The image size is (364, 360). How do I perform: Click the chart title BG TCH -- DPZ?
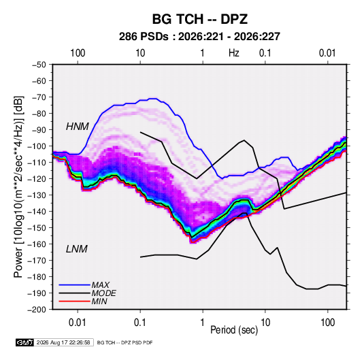tap(200, 19)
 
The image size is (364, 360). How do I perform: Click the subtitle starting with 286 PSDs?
tap(199, 37)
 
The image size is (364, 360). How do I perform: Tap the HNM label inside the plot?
tap(78, 127)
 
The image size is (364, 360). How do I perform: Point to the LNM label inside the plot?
tap(77, 249)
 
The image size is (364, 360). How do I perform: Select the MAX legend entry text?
tap(101, 285)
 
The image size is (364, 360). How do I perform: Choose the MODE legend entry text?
tap(104, 293)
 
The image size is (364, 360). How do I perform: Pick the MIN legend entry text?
tap(99, 301)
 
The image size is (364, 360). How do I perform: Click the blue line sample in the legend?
tap(75, 285)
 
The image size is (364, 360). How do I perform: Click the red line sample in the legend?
tap(75, 301)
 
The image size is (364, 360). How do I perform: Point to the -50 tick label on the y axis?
tap(39, 65)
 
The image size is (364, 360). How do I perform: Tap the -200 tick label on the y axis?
tap(37, 310)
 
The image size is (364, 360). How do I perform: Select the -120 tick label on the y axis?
tap(37, 179)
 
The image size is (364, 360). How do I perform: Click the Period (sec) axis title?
tap(234, 330)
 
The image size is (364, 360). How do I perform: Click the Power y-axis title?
tap(18, 187)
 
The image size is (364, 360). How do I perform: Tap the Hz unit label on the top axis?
tap(234, 53)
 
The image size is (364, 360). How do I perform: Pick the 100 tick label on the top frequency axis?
tap(78, 53)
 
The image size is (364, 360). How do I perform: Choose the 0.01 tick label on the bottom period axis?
tap(78, 323)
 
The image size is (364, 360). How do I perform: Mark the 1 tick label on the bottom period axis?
tap(203, 323)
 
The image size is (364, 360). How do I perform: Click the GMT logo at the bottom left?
tap(25, 342)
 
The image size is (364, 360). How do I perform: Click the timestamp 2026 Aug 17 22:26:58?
tap(63, 342)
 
